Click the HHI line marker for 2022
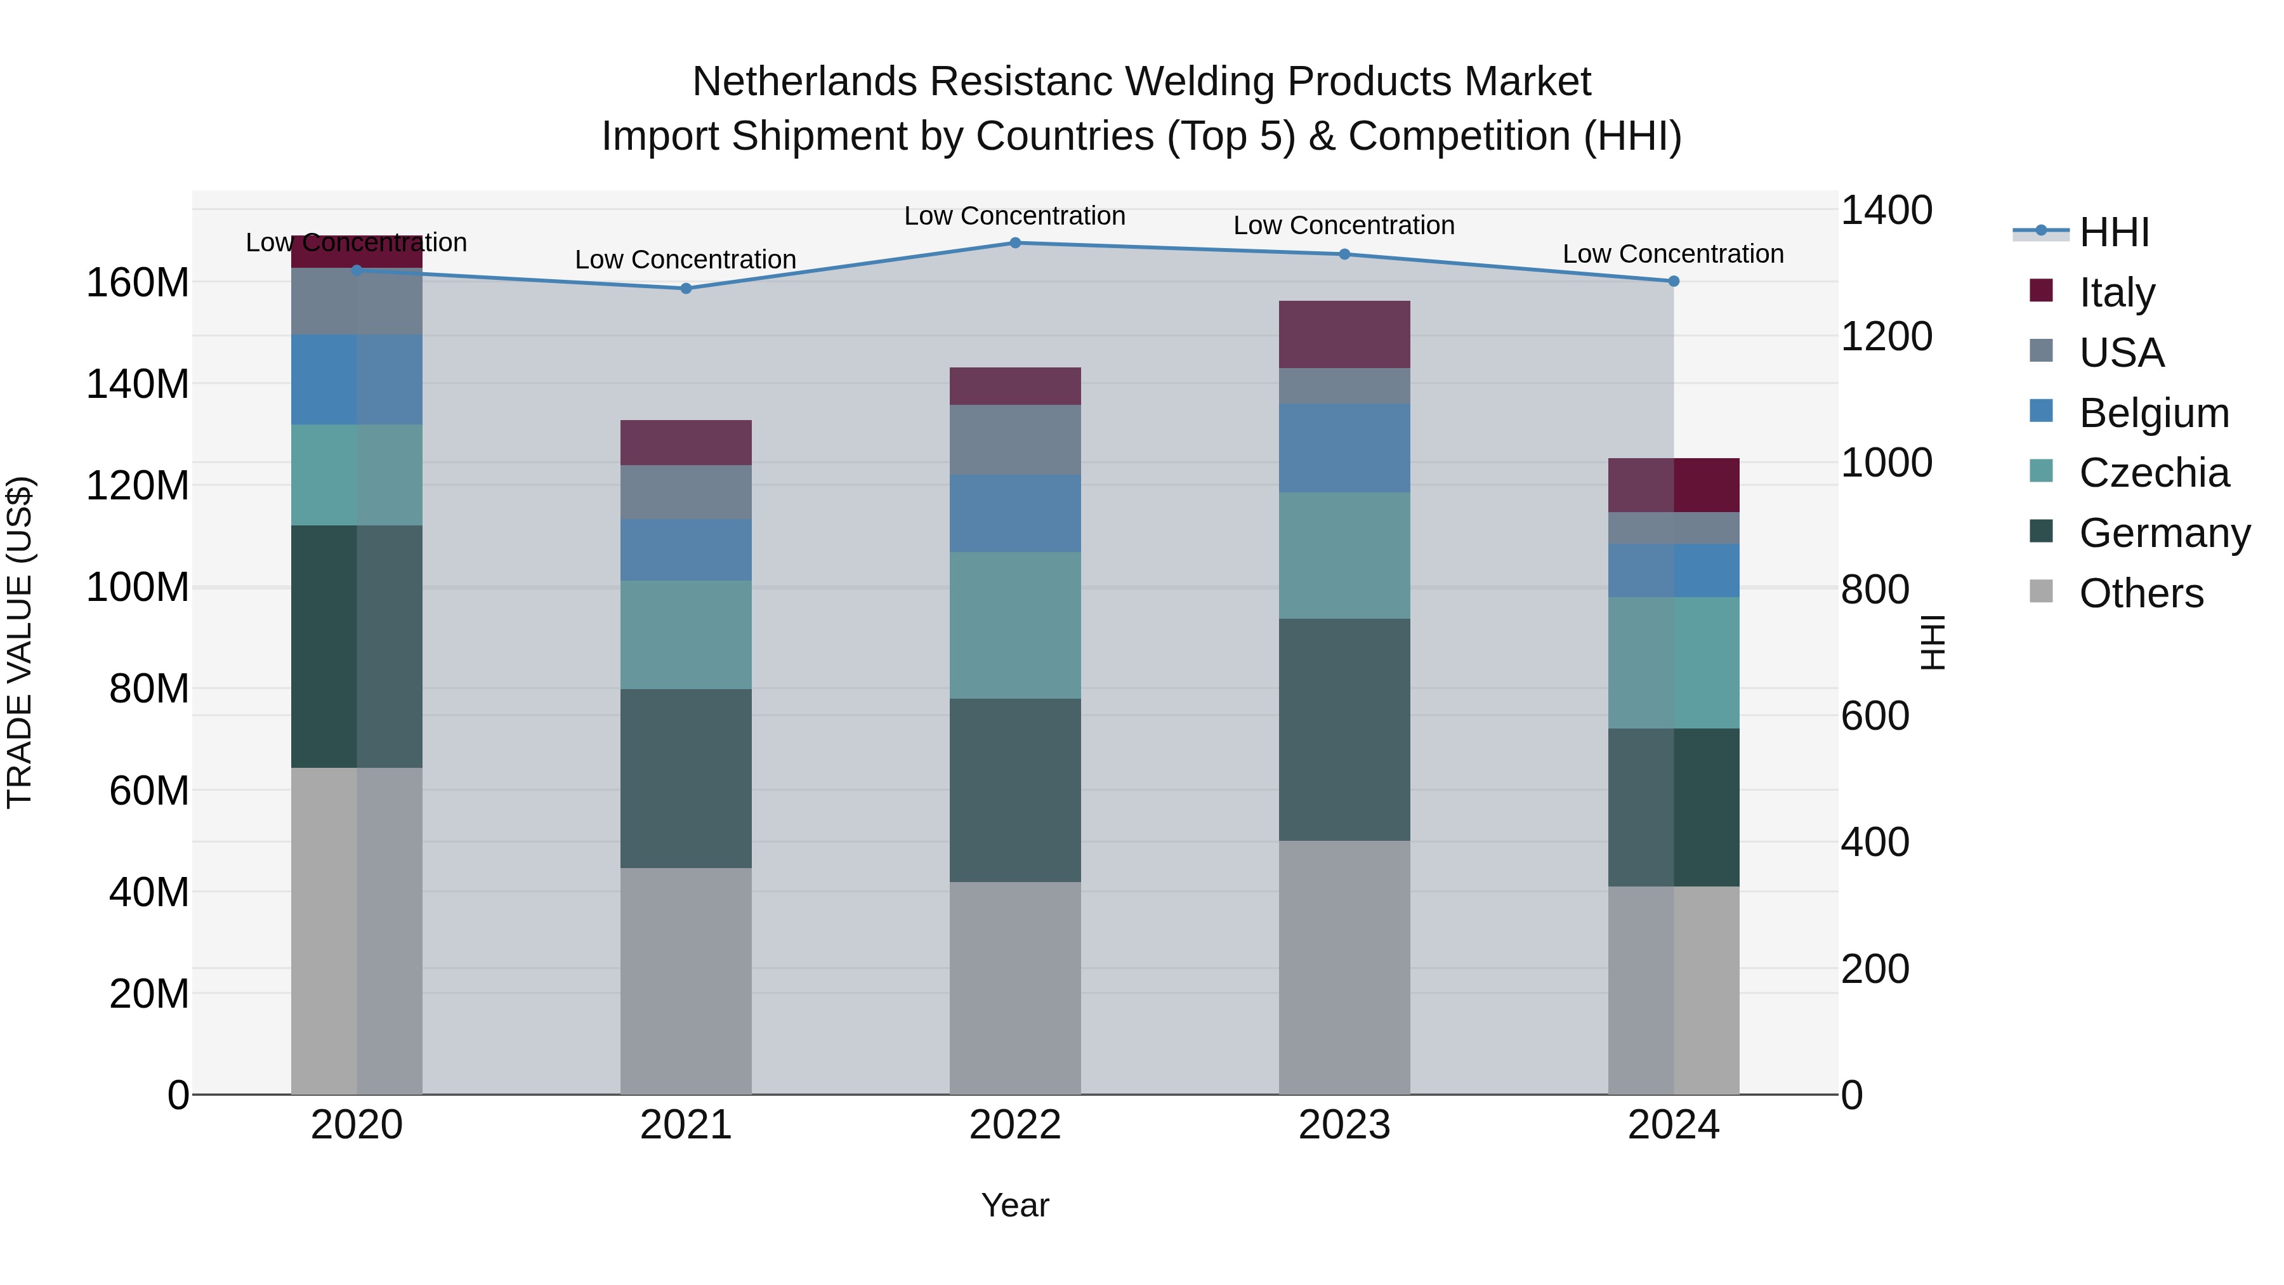[1015, 243]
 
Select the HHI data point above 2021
[685, 288]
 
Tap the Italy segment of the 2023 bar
[1344, 334]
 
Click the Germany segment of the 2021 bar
[685, 778]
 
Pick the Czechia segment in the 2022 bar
[1015, 625]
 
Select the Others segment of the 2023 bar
[1344, 966]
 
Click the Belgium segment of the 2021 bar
[685, 550]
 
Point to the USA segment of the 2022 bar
[1015, 440]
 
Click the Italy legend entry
[2117, 293]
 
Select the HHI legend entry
[2114, 232]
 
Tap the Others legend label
[2141, 593]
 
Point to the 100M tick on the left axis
[138, 587]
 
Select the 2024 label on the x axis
[1673, 1125]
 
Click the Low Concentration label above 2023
[1344, 225]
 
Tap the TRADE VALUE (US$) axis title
[20, 642]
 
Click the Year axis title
[1015, 1205]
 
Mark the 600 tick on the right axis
[1874, 716]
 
